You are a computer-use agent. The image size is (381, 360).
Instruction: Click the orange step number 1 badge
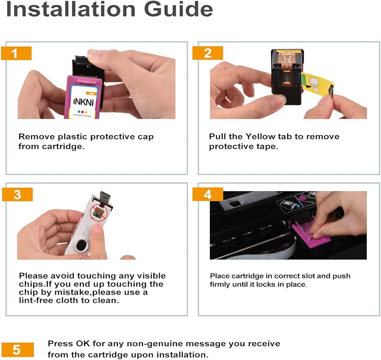16,53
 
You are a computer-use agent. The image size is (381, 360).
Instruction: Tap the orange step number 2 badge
208,53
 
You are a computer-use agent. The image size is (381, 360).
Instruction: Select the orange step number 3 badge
17,194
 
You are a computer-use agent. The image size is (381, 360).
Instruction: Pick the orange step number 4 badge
208,194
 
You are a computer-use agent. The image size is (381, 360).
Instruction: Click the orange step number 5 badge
18,350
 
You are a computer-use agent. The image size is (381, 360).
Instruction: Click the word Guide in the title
179,9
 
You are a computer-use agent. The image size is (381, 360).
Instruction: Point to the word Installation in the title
70,9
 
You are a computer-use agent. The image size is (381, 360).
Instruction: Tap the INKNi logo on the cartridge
83,102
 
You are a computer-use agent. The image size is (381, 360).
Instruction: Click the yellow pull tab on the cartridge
317,85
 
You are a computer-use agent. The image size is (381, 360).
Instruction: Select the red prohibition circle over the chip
99,212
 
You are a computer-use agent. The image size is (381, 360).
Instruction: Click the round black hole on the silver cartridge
81,245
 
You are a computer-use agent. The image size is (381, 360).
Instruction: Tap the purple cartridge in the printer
311,234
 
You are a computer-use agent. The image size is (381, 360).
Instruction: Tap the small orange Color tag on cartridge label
91,93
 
